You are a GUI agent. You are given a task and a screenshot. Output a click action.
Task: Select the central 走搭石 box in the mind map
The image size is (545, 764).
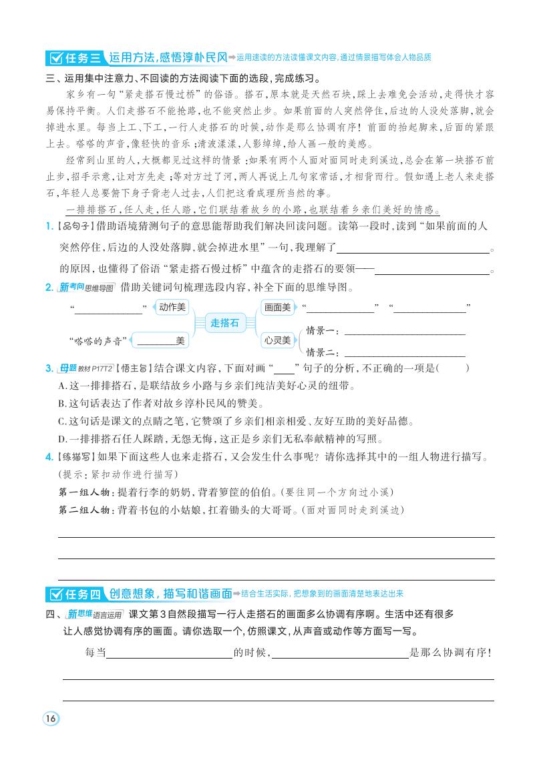pyautogui.click(x=224, y=323)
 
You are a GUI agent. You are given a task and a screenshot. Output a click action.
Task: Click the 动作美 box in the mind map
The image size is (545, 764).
pyautogui.click(x=172, y=307)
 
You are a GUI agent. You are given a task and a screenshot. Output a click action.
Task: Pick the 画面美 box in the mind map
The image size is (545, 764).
pyautogui.click(x=277, y=307)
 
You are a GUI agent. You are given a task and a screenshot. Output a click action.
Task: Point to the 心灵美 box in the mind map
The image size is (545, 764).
pyautogui.click(x=277, y=340)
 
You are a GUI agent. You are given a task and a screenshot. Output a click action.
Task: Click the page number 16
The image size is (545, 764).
pyautogui.click(x=51, y=719)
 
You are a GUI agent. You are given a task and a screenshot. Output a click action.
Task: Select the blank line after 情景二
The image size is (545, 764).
pyautogui.click(x=404, y=354)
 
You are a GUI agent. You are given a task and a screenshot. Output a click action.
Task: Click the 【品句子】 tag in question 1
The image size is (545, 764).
pyautogui.click(x=75, y=226)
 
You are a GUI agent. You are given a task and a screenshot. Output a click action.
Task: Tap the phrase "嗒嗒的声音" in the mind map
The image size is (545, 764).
pyautogui.click(x=97, y=341)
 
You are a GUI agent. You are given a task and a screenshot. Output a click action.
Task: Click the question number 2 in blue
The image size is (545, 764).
pyautogui.click(x=49, y=288)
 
